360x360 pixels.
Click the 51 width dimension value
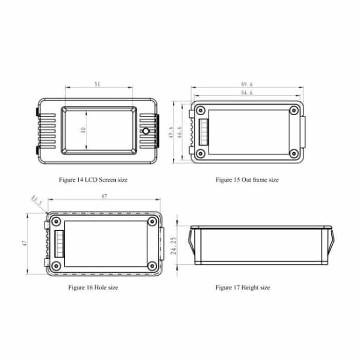click(98, 83)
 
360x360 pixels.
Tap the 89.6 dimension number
click(247, 84)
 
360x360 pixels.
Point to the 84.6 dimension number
click(247, 93)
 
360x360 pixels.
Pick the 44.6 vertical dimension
click(179, 132)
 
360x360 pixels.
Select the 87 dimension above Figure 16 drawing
click(104, 197)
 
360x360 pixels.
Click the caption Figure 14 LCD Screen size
click(93, 180)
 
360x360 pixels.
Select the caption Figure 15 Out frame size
click(247, 180)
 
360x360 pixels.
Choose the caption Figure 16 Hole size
click(93, 287)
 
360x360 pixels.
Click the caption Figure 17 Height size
click(242, 287)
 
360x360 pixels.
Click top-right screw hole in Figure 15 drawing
click(294, 110)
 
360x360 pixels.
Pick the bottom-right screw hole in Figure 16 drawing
click(152, 266)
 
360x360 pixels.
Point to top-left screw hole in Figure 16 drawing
click(57, 222)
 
